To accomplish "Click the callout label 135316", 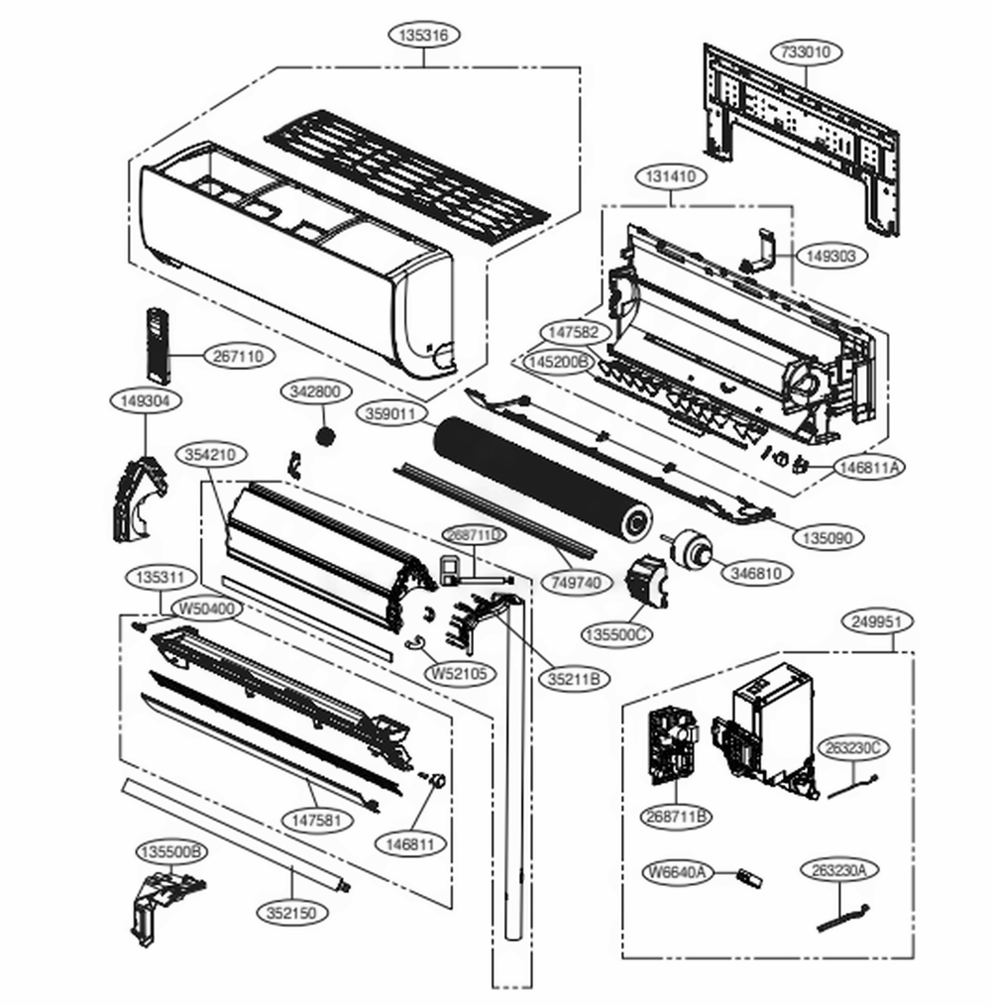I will tap(423, 36).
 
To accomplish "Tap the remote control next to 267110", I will tap(158, 344).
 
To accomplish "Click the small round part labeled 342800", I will tap(324, 436).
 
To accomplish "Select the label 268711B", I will tap(676, 816).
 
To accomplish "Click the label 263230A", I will tap(839, 869).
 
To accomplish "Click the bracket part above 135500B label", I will tap(160, 901).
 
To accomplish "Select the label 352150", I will tap(292, 912).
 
